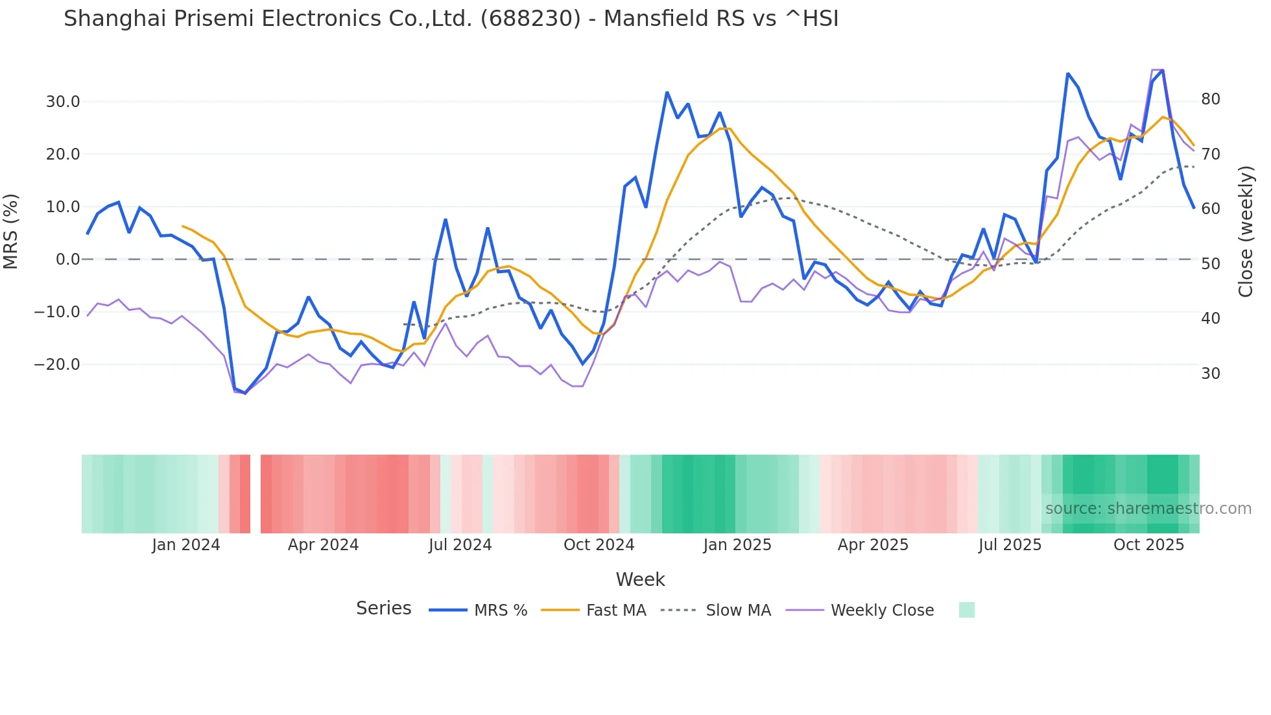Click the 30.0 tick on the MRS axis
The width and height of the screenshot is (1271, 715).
click(x=62, y=102)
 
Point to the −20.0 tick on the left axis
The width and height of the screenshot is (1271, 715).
click(x=57, y=365)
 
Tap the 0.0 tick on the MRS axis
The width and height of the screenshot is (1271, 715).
click(x=67, y=260)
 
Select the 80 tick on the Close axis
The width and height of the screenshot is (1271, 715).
click(x=1211, y=99)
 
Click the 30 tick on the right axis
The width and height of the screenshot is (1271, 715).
click(x=1211, y=374)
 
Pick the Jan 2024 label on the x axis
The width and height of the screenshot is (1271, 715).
click(x=186, y=545)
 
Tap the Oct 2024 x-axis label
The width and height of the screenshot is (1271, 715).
click(x=599, y=545)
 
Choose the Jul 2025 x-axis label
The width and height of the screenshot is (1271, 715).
click(x=1010, y=545)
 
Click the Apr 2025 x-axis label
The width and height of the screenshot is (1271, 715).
click(x=873, y=545)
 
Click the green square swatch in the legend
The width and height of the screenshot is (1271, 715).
click(x=966, y=610)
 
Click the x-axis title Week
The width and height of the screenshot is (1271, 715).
click(x=640, y=579)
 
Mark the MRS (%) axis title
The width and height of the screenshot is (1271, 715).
click(x=11, y=232)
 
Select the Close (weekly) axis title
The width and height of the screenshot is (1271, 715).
click(x=1246, y=232)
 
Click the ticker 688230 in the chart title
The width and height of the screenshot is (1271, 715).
click(x=530, y=19)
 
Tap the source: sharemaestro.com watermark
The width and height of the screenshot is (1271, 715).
click(x=1148, y=509)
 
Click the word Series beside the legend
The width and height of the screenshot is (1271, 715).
click(x=383, y=609)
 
